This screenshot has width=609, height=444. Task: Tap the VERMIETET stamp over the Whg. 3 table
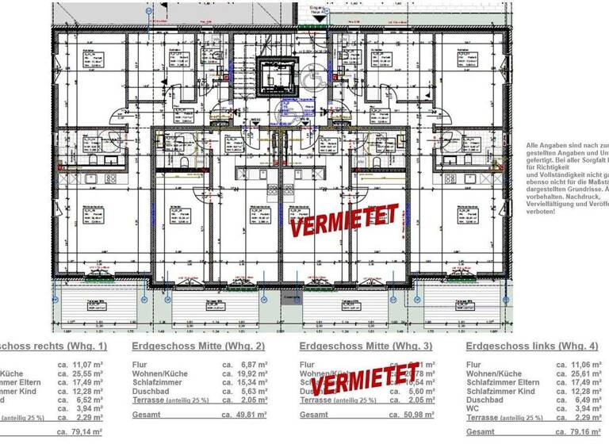tap(365, 378)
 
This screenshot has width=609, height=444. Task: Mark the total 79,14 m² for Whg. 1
tap(89, 431)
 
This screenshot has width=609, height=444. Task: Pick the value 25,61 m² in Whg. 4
tap(584, 373)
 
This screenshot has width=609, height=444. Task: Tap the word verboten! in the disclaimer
tap(542, 212)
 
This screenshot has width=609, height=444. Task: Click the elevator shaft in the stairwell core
tap(278, 79)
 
